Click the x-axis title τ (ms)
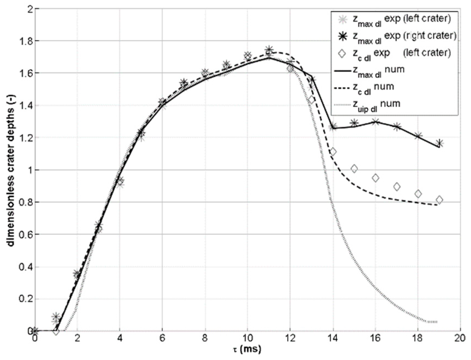tap(248, 350)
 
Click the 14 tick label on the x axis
tap(333, 339)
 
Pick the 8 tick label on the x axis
tap(205, 339)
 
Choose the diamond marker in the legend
tap(342, 53)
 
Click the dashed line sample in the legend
tap(343, 88)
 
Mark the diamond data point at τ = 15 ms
tap(354, 169)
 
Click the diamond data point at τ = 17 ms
tap(397, 187)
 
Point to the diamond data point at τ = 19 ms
tap(439, 200)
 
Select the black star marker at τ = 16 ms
tap(375, 121)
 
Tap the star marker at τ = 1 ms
tap(56, 317)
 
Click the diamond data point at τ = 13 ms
tap(312, 100)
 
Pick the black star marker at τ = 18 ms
tap(418, 136)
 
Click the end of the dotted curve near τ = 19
tap(437, 322)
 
